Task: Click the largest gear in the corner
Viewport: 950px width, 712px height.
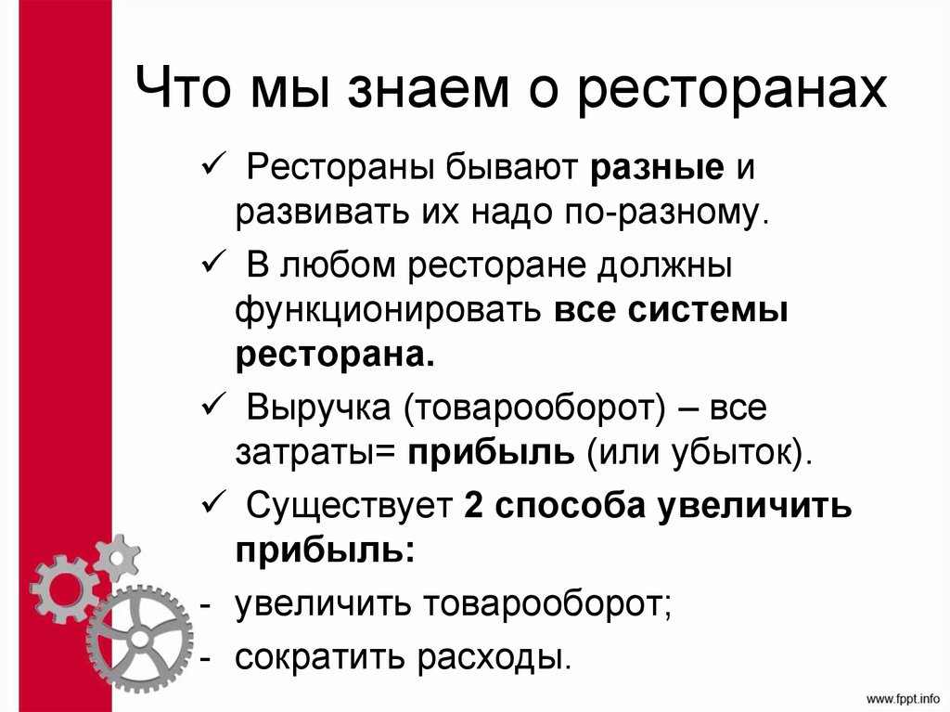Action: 139,639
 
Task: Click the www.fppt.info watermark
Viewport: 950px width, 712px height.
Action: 903,696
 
